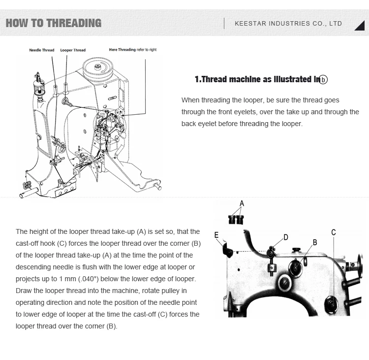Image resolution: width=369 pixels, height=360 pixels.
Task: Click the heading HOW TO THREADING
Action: coord(53,23)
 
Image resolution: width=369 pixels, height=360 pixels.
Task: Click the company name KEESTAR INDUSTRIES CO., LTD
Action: coord(288,24)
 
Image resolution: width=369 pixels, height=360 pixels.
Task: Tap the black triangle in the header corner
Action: coord(359,26)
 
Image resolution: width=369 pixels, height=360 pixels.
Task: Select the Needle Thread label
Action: coord(42,50)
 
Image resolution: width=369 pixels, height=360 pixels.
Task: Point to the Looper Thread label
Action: coord(73,50)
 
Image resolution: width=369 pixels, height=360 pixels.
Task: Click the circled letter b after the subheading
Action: coord(323,80)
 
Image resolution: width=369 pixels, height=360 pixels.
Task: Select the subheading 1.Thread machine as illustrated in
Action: coord(256,79)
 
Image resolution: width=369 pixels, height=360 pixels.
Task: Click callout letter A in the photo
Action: coord(242,203)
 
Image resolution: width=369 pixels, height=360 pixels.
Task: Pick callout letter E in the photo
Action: coord(216,235)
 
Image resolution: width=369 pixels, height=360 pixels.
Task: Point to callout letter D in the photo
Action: coord(285,237)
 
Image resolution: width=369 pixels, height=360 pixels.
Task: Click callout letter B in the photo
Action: coord(315,242)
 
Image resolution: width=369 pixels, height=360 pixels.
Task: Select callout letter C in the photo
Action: coord(333,232)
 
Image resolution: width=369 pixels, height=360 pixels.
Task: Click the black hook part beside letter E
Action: coord(228,250)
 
